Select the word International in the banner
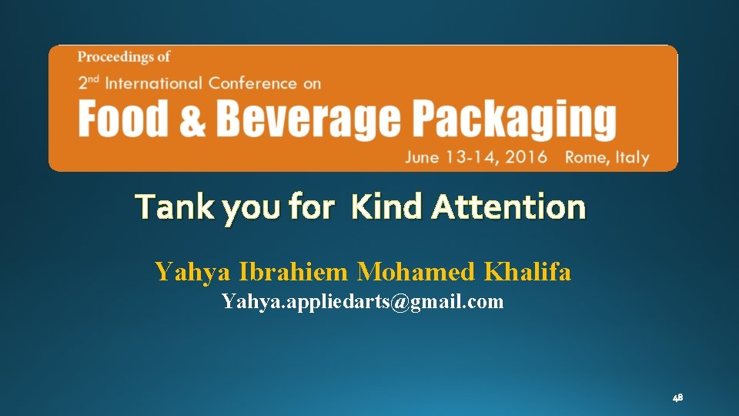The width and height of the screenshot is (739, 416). pyautogui.click(x=153, y=82)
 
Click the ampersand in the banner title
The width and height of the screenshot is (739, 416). pyautogui.click(x=192, y=121)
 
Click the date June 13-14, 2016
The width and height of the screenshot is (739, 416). pyautogui.click(x=477, y=157)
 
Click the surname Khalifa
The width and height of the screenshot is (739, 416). pyautogui.click(x=527, y=272)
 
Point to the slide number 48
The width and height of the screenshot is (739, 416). pyautogui.click(x=677, y=398)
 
